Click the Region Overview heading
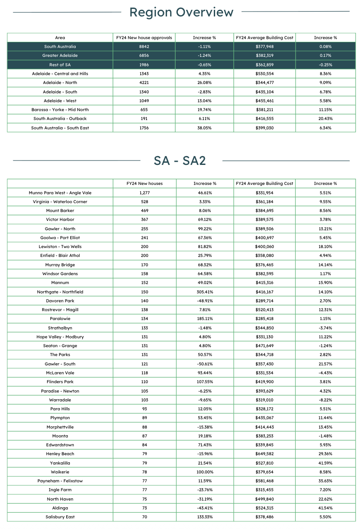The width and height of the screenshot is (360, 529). [181, 12]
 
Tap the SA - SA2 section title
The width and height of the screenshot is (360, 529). [180, 160]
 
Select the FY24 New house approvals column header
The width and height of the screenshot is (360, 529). [144, 38]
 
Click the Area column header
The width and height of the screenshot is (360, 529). [60, 38]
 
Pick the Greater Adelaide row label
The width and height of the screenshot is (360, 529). [60, 56]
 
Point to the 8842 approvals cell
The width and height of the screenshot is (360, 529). [144, 47]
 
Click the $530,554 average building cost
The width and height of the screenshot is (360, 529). [264, 74]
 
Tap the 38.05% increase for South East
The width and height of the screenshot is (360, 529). [205, 128]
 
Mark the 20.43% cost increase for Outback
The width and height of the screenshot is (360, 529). [325, 119]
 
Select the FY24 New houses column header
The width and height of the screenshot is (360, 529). [144, 184]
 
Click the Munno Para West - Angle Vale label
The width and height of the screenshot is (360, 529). [60, 193]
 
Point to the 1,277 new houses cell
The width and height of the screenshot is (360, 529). [144, 193]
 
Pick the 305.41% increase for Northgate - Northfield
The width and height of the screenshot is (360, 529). [205, 292]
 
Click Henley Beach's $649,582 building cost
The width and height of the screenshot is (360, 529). [264, 454]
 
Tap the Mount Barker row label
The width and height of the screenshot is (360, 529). [60, 211]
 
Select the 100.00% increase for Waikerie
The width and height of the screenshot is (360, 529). [205, 472]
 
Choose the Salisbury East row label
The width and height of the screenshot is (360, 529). [60, 517]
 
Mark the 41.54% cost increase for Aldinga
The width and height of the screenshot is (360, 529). [325, 508]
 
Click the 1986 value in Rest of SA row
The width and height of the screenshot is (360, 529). [144, 65]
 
